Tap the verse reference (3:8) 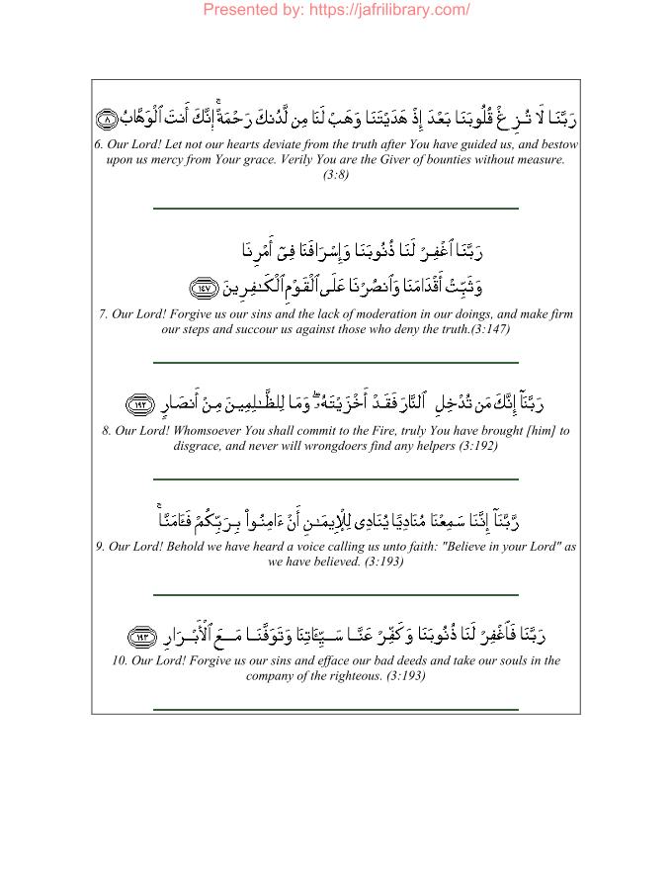[336, 175]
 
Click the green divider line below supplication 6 [336, 209]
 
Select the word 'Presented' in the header [241, 10]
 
